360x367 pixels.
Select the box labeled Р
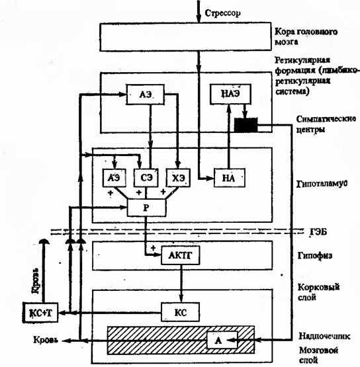point(146,208)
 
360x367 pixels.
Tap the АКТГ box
point(180,255)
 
